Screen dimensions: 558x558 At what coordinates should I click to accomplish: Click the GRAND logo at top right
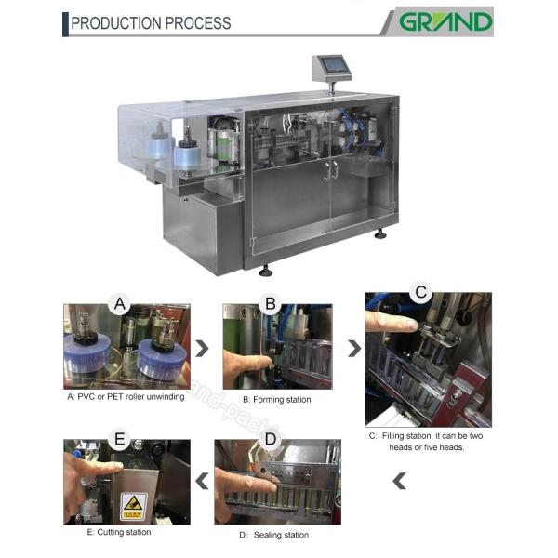pyautogui.click(x=445, y=20)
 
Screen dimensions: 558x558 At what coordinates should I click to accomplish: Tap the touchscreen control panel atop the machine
pyautogui.click(x=332, y=66)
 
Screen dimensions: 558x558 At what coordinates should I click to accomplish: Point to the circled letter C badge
pyautogui.click(x=421, y=291)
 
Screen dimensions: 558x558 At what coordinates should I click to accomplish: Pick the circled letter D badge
pyautogui.click(x=270, y=439)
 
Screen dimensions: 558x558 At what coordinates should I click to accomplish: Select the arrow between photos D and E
pyautogui.click(x=202, y=481)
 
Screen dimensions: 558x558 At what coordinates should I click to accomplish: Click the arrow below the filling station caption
pyautogui.click(x=399, y=481)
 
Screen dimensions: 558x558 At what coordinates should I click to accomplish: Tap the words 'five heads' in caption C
pyautogui.click(x=445, y=446)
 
